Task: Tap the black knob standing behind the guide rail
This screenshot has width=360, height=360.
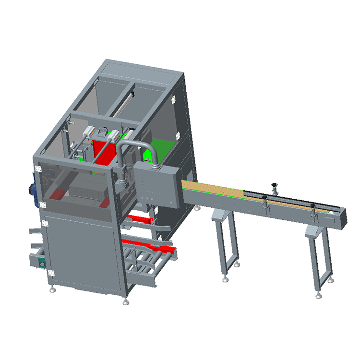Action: (275, 185)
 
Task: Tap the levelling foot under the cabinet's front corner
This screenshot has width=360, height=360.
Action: (126, 301)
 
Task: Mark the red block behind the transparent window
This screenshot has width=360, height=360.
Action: (58, 194)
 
